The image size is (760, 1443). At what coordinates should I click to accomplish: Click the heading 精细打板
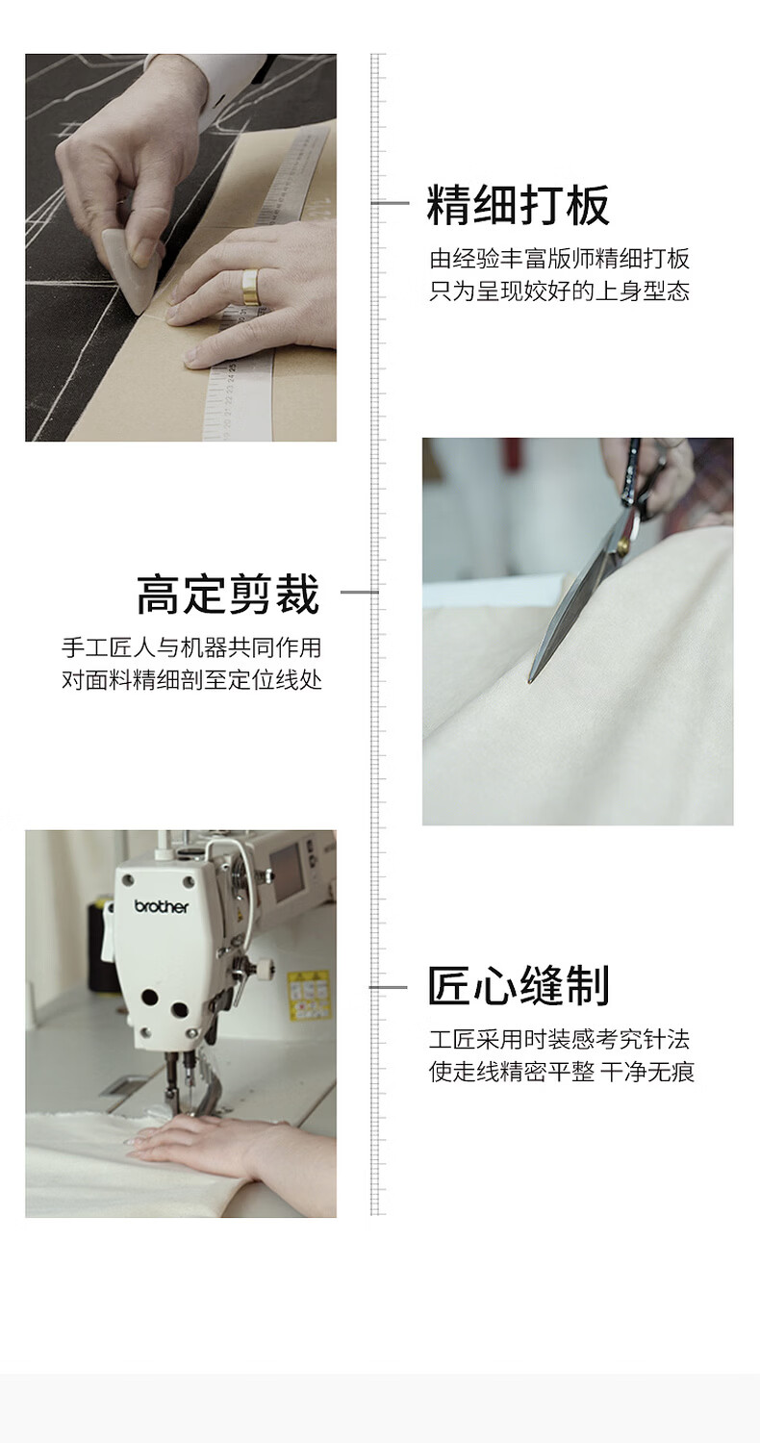coord(518,205)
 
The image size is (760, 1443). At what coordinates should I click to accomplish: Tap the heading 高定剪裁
coord(228,594)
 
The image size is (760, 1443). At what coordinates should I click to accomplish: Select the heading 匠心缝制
coord(519,985)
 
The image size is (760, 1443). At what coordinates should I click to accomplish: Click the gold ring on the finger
coord(250,285)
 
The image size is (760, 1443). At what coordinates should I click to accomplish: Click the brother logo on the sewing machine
coord(162,906)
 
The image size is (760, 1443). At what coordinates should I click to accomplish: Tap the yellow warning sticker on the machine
coord(308,995)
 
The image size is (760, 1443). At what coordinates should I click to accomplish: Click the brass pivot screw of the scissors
coord(622,547)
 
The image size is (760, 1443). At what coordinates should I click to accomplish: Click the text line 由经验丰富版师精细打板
coord(559,259)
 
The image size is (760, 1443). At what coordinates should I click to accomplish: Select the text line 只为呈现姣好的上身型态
coord(559,291)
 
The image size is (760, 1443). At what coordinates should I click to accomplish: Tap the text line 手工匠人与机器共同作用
coord(191,647)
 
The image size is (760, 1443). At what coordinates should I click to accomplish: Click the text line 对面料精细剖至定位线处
coord(191,679)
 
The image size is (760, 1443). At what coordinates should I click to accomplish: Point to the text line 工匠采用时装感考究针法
coord(559,1038)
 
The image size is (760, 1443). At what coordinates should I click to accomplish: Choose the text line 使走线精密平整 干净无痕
coord(562,1072)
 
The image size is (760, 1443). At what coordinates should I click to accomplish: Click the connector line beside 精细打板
coord(391,203)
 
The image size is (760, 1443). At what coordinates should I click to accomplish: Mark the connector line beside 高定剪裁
coord(360,592)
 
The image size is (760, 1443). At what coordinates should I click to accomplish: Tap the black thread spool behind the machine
coord(100,941)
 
